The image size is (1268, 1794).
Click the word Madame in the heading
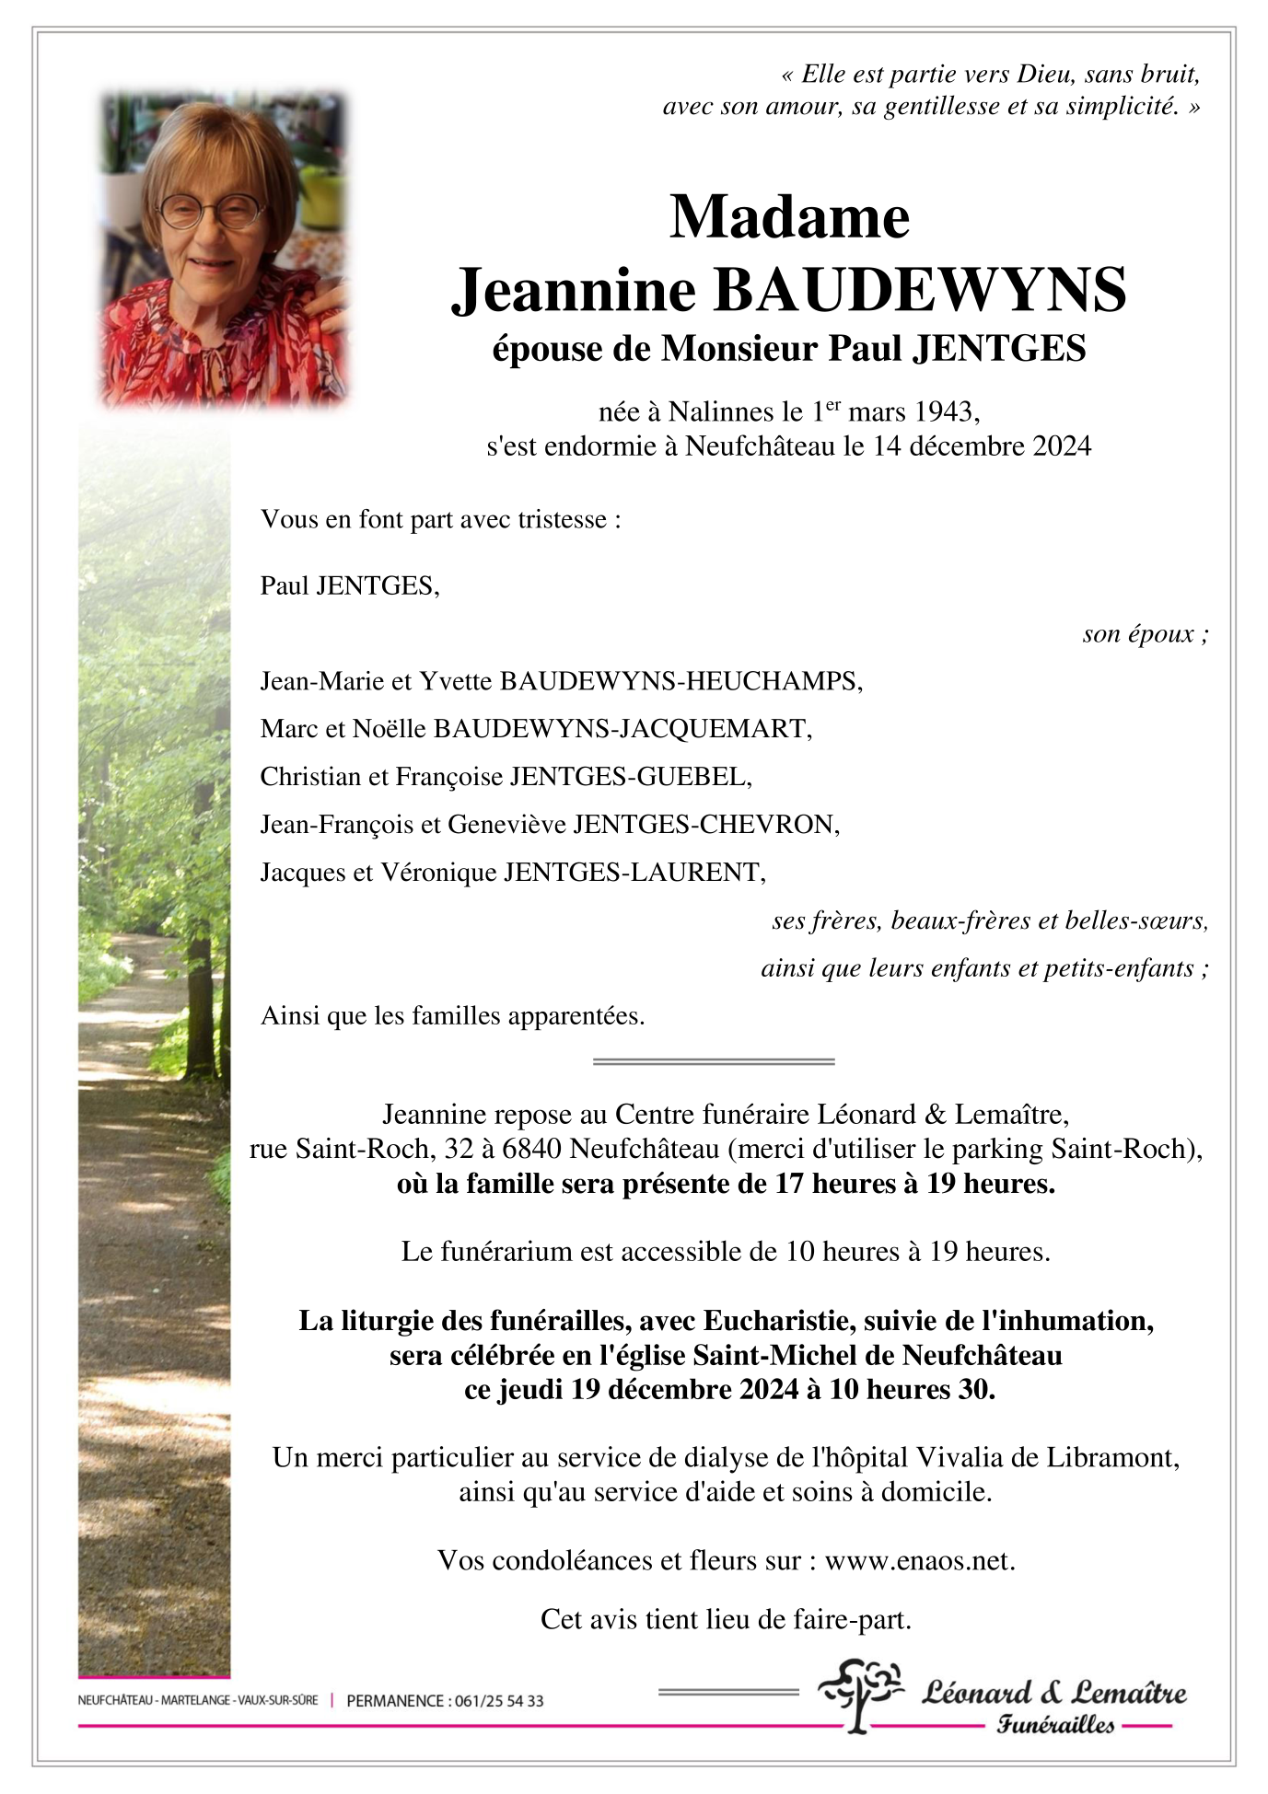pos(789,217)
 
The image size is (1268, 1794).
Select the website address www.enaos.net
pos(919,1560)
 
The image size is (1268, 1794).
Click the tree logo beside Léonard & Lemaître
pos(860,1695)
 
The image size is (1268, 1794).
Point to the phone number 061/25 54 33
pos(497,1701)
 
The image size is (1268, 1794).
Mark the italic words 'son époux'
pos(1140,634)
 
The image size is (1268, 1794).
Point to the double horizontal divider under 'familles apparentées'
pos(714,1061)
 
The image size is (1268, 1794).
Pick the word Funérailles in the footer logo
pos(1055,1725)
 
